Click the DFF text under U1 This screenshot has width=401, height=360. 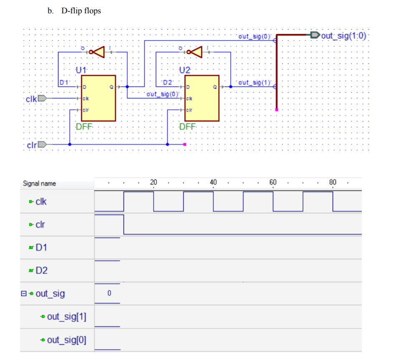(x=85, y=127)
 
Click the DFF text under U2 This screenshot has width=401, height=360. (x=187, y=127)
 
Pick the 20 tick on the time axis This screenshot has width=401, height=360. (x=154, y=182)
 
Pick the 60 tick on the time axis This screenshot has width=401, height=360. (x=273, y=182)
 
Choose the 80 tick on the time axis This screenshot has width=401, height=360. (x=333, y=182)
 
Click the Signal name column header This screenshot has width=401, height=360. (x=39, y=184)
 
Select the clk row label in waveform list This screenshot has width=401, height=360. (x=41, y=201)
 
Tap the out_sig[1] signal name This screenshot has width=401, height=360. (x=67, y=317)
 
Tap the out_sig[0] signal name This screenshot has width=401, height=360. (x=67, y=340)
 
